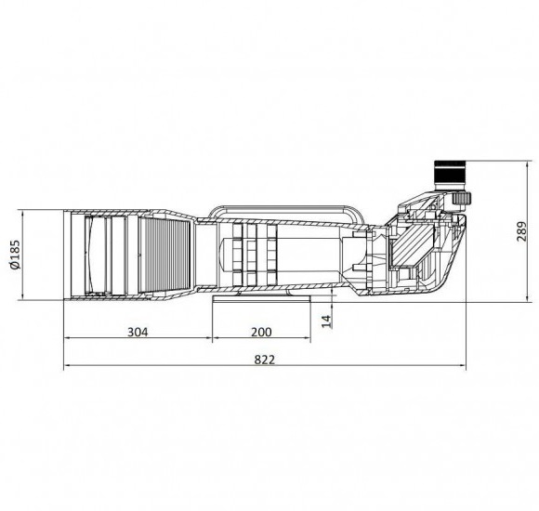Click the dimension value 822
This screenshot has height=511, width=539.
[265, 360]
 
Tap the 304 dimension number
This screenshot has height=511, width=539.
[138, 332]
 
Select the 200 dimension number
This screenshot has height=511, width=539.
[261, 332]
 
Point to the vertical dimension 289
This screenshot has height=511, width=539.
[522, 231]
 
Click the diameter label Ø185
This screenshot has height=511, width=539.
[16, 255]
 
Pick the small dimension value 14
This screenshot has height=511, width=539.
[326, 321]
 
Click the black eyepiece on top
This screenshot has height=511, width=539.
[450, 175]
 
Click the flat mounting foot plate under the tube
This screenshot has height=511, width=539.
[261, 298]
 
